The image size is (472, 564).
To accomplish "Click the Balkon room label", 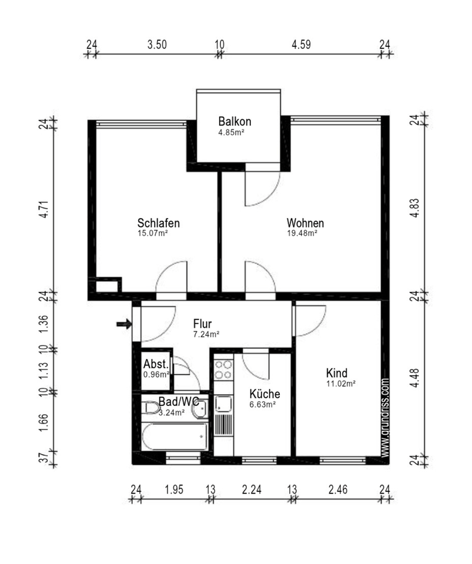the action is pyautogui.click(x=235, y=121).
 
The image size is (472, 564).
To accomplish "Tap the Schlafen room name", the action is pyautogui.click(x=158, y=223).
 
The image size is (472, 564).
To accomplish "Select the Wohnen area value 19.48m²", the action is pyautogui.click(x=302, y=233).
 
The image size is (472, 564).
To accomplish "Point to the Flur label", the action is pyautogui.click(x=202, y=323).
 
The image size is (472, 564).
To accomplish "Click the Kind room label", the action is pyautogui.click(x=337, y=372).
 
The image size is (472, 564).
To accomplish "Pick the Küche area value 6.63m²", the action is pyautogui.click(x=263, y=404).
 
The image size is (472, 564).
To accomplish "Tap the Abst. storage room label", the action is pyautogui.click(x=156, y=364).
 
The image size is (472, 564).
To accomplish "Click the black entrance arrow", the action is pyautogui.click(x=124, y=324).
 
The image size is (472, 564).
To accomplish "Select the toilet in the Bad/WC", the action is pyautogui.click(x=152, y=408).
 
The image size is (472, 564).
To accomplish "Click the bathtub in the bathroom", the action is pyautogui.click(x=175, y=437).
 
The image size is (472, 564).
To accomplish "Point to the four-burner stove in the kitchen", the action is pyautogui.click(x=223, y=370).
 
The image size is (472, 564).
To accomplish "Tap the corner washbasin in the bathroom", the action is pyautogui.click(x=200, y=409).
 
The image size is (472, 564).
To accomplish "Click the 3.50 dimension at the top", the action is pyautogui.click(x=157, y=45).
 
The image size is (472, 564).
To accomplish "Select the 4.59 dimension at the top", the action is pyautogui.click(x=301, y=45).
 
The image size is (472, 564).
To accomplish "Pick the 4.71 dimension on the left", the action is pyautogui.click(x=43, y=209).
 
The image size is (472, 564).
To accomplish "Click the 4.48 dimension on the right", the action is pyautogui.click(x=415, y=378).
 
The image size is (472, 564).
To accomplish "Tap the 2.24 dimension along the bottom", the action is pyautogui.click(x=252, y=489).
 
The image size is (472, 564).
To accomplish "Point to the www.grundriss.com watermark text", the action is pyautogui.click(x=385, y=418).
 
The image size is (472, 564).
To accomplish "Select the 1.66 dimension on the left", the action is pyautogui.click(x=43, y=423).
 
